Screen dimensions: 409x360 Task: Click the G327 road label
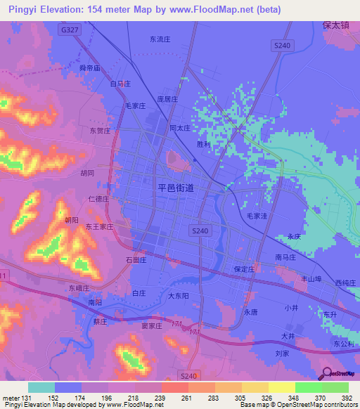pyautogui.click(x=70, y=30)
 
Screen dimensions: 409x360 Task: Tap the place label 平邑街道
pyautogui.click(x=186, y=188)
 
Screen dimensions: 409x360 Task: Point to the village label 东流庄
pyautogui.click(x=160, y=40)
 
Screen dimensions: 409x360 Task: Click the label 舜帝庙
pyautogui.click(x=91, y=68)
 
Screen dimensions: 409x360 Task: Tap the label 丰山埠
pyautogui.click(x=311, y=278)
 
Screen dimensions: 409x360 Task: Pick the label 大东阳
pyautogui.click(x=178, y=296)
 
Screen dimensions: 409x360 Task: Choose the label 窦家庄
pyautogui.click(x=151, y=326)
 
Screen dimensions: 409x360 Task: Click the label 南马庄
pyautogui.click(x=287, y=257)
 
